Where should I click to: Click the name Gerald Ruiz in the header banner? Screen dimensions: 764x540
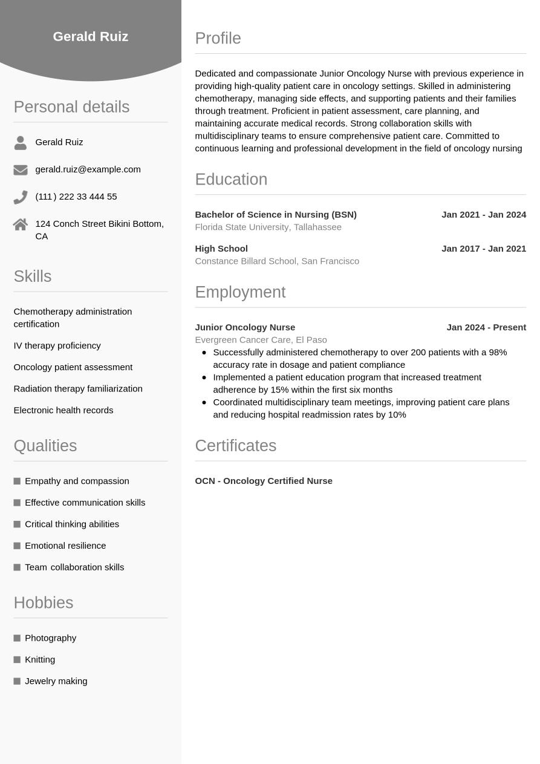[91, 36]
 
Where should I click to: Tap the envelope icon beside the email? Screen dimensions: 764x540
[21, 170]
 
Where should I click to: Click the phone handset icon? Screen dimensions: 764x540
[21, 197]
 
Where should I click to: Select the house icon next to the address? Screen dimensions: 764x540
[21, 224]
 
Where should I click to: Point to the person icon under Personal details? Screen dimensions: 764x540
[21, 143]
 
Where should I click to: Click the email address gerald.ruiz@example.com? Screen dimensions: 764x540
[88, 169]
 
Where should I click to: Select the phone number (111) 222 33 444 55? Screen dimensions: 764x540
[76, 197]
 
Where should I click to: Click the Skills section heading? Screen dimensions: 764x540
[33, 276]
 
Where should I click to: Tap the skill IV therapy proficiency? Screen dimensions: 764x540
[57, 345]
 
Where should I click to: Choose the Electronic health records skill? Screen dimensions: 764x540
[63, 410]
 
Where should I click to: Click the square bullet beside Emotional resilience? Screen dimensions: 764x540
[17, 546]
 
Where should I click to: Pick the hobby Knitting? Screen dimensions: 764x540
[40, 659]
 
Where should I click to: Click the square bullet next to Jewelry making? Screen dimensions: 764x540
[17, 681]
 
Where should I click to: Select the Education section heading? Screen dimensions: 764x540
[231, 180]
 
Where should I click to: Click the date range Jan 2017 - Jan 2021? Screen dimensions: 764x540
[484, 249]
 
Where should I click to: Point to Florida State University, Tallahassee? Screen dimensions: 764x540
[268, 227]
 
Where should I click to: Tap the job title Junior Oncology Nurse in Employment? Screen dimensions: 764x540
[245, 327]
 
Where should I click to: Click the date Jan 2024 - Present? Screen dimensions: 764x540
[486, 327]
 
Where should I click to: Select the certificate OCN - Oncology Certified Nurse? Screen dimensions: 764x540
[264, 481]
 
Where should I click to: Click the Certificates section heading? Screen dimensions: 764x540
[235, 446]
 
